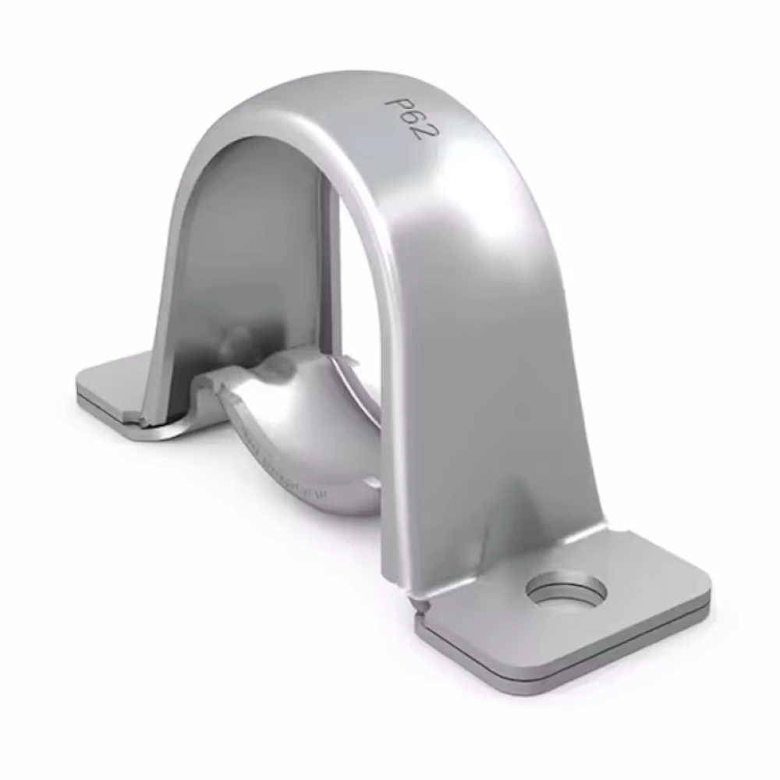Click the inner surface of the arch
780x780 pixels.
coord(250,234)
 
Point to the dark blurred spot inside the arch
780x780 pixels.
coord(234,339)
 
